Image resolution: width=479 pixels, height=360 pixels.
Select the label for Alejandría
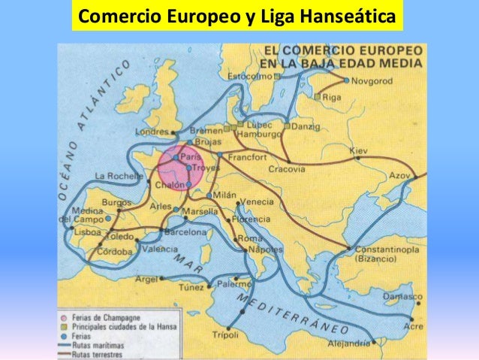350,343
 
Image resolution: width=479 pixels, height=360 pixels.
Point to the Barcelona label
184,233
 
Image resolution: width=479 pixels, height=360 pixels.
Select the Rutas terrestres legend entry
98,349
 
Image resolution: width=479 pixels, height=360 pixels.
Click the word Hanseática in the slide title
348,15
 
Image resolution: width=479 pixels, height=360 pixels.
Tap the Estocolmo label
250,76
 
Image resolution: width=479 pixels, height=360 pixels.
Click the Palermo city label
235,285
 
